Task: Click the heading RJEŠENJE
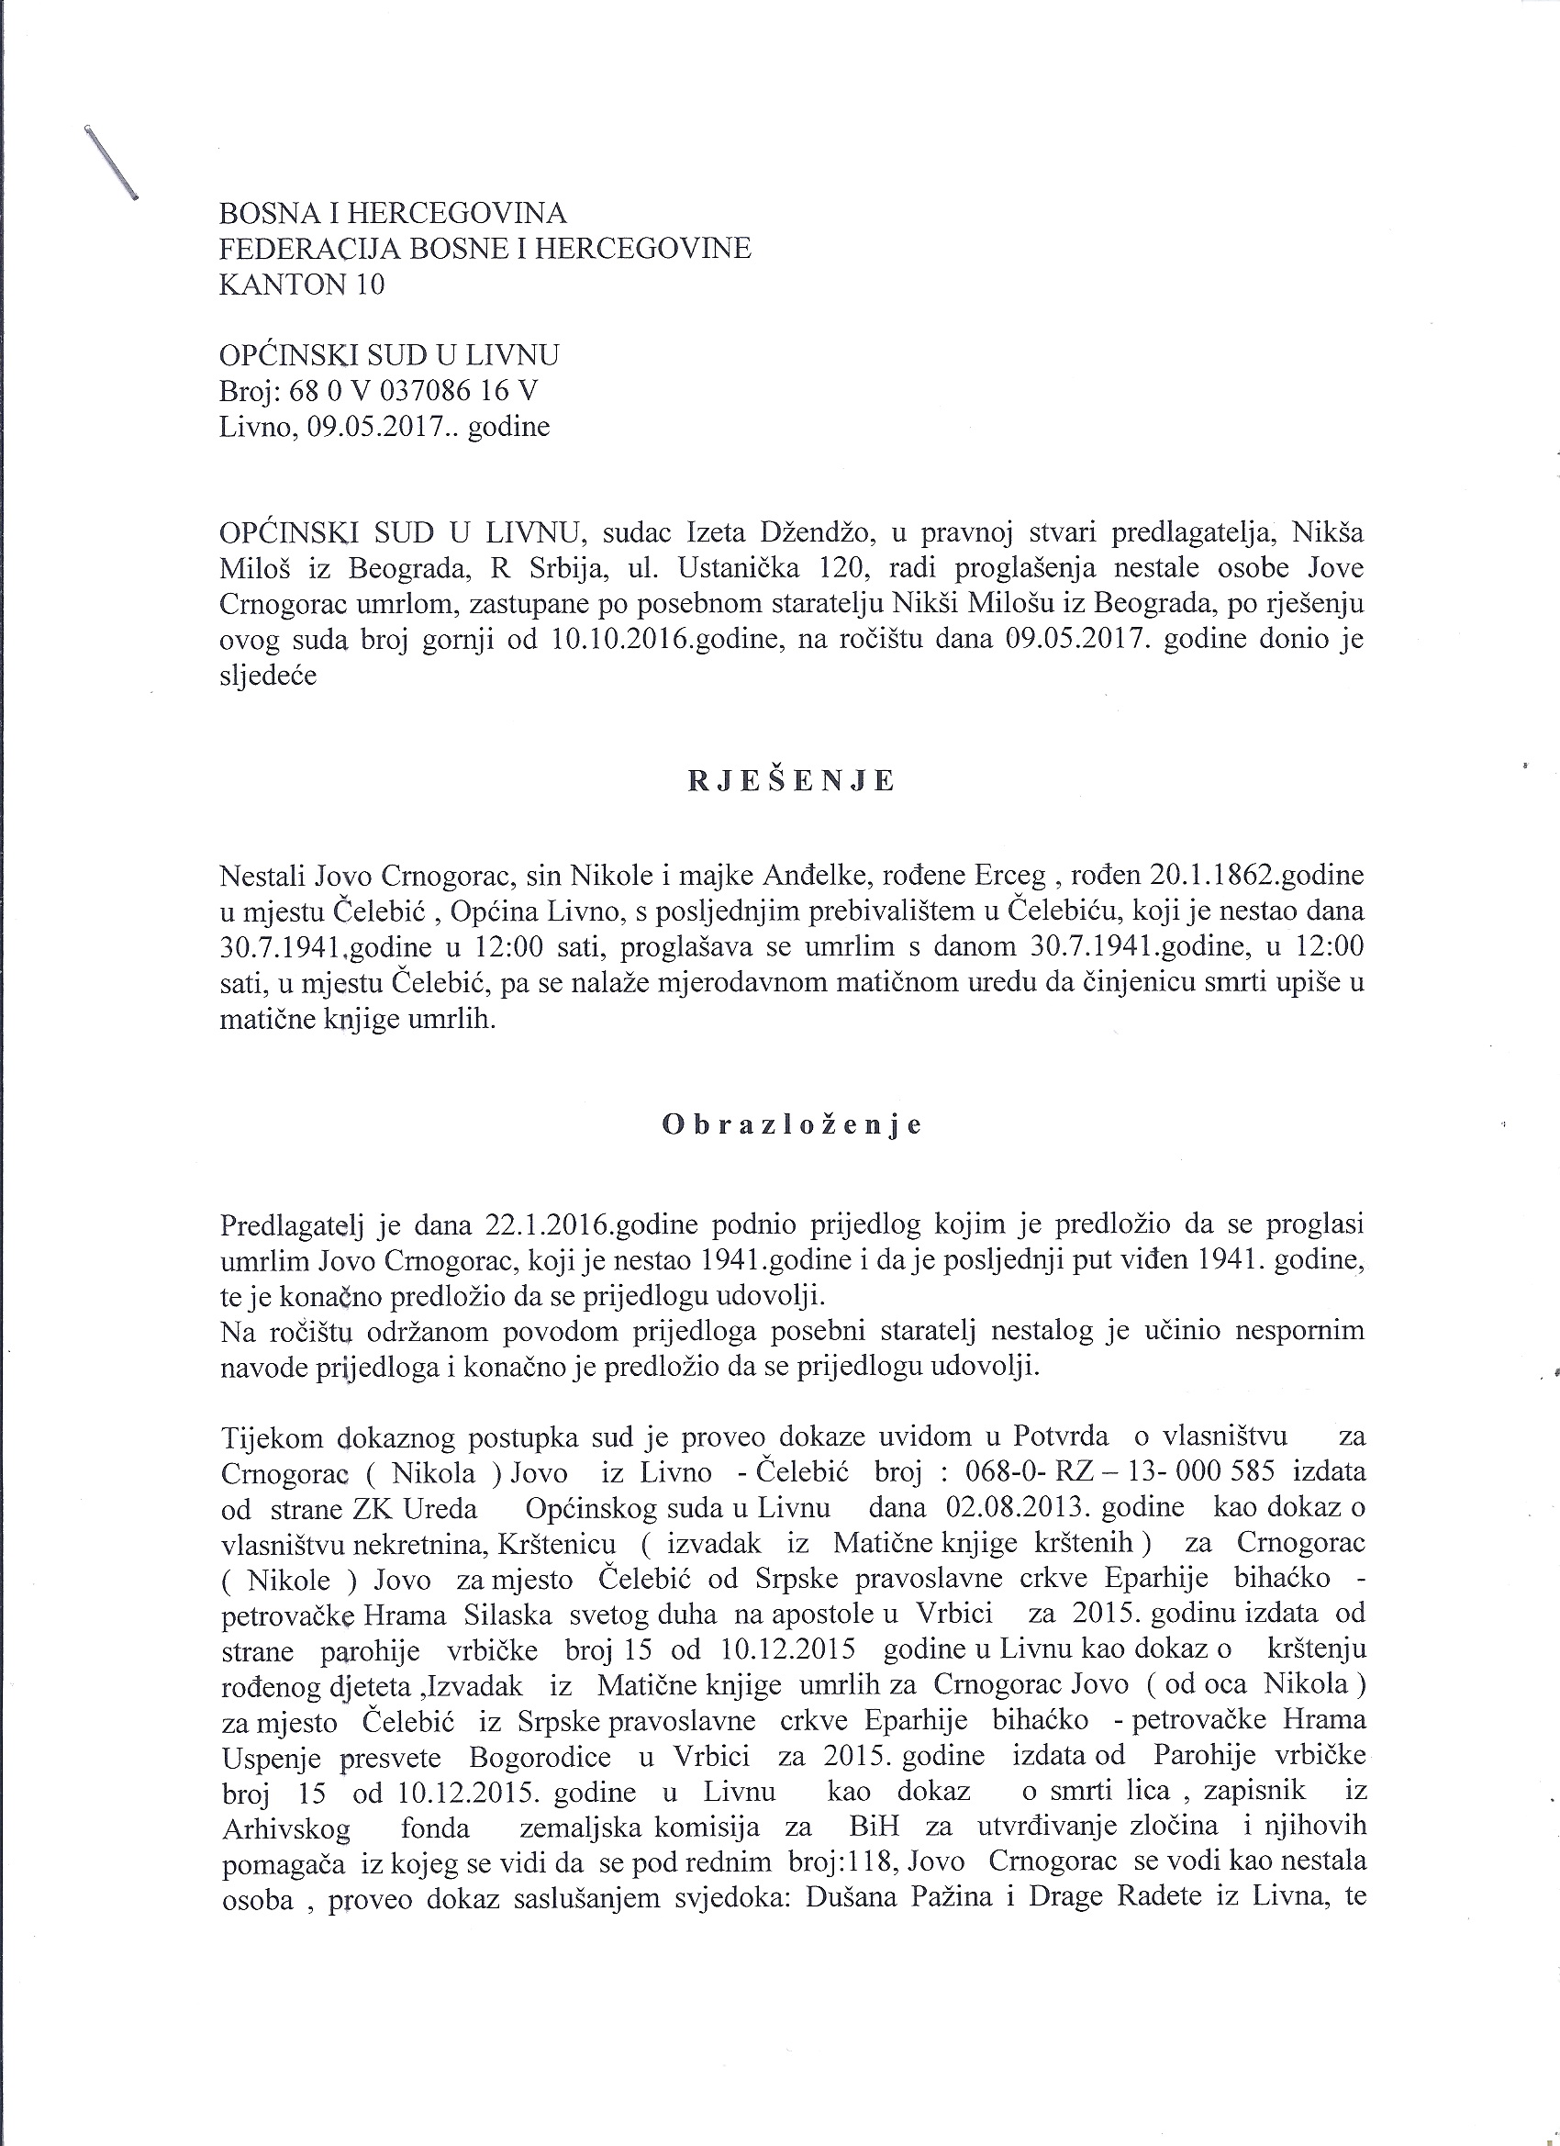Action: click(791, 780)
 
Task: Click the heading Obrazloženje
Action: click(792, 1124)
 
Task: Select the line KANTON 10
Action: click(302, 285)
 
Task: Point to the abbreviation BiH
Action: click(875, 1827)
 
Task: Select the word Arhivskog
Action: click(285, 1828)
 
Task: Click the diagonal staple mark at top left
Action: click(112, 161)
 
